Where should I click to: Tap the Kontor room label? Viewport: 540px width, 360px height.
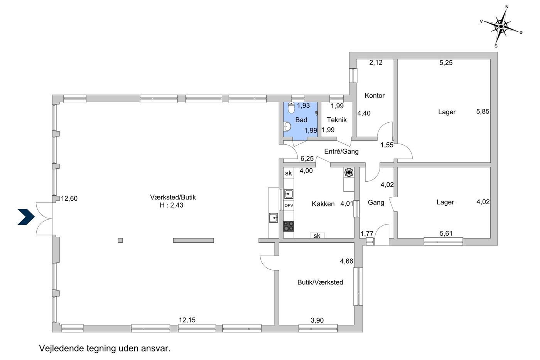click(375, 95)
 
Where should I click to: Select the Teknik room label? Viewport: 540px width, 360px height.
click(336, 120)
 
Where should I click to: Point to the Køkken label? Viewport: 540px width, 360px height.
click(323, 204)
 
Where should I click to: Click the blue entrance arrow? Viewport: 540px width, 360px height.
click(27, 217)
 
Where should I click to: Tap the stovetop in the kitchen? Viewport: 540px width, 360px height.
click(289, 226)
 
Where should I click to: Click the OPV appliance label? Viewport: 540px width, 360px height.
click(289, 206)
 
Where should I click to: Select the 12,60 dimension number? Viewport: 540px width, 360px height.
click(69, 198)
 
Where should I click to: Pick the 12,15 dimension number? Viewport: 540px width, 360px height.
click(187, 320)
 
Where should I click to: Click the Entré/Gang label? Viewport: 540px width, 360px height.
click(341, 151)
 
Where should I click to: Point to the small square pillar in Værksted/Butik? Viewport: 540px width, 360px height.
click(120, 240)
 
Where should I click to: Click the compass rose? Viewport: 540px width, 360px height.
click(501, 26)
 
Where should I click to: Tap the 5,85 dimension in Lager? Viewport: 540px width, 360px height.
click(483, 112)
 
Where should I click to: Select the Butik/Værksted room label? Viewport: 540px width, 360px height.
click(320, 282)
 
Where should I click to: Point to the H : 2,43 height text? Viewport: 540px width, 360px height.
click(171, 205)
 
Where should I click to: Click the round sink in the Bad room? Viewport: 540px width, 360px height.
click(287, 126)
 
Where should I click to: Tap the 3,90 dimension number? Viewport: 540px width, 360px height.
click(317, 320)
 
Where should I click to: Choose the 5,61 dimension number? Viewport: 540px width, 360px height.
click(446, 233)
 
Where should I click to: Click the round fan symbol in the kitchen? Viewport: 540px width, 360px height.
click(349, 172)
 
